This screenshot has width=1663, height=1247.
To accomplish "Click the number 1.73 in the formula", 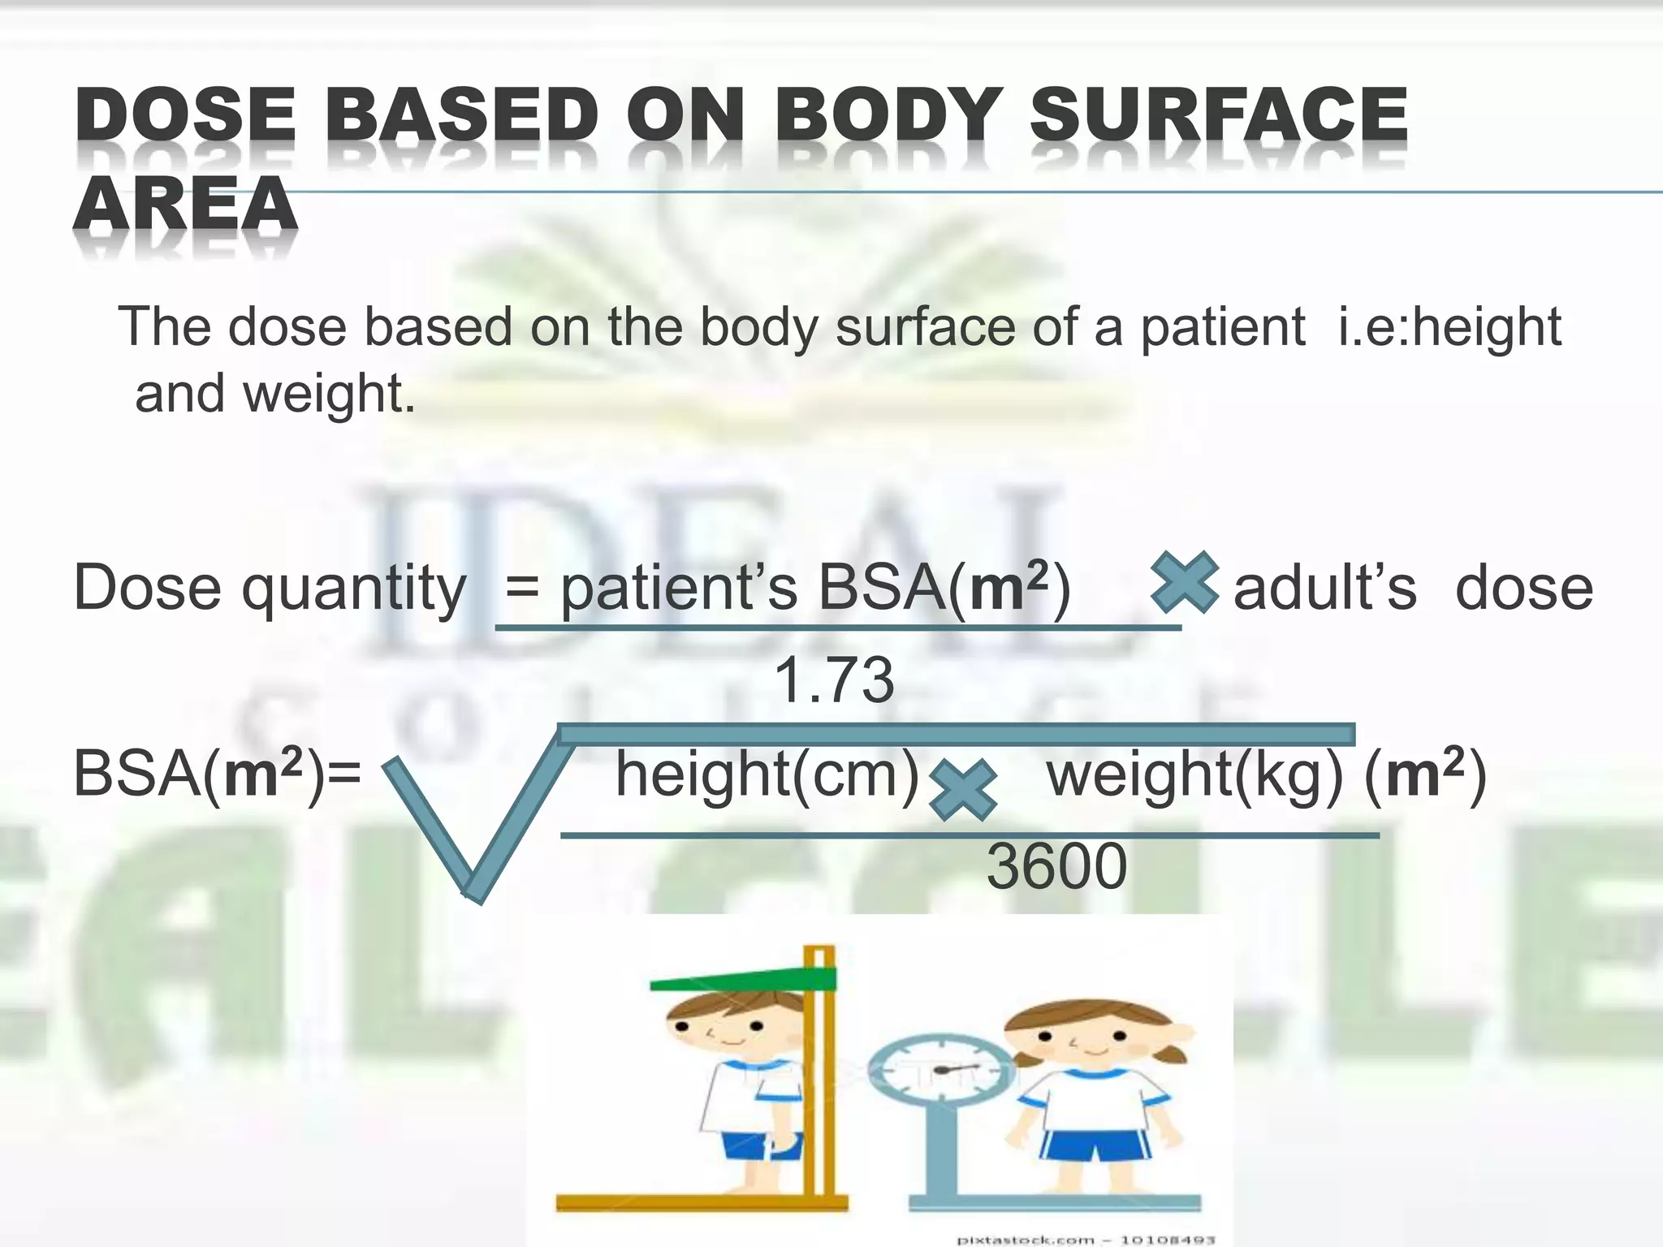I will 834,680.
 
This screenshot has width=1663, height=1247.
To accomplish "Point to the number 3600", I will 1056,866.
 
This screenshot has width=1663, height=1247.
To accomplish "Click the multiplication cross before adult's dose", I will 1185,581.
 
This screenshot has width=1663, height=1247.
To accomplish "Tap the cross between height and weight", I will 962,790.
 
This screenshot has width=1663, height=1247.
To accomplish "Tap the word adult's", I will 1324,588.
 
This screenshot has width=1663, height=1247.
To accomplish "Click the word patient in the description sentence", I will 1223,327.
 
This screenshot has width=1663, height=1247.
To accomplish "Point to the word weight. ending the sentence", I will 329,395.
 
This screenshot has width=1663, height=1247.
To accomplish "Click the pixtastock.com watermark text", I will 1085,1240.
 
